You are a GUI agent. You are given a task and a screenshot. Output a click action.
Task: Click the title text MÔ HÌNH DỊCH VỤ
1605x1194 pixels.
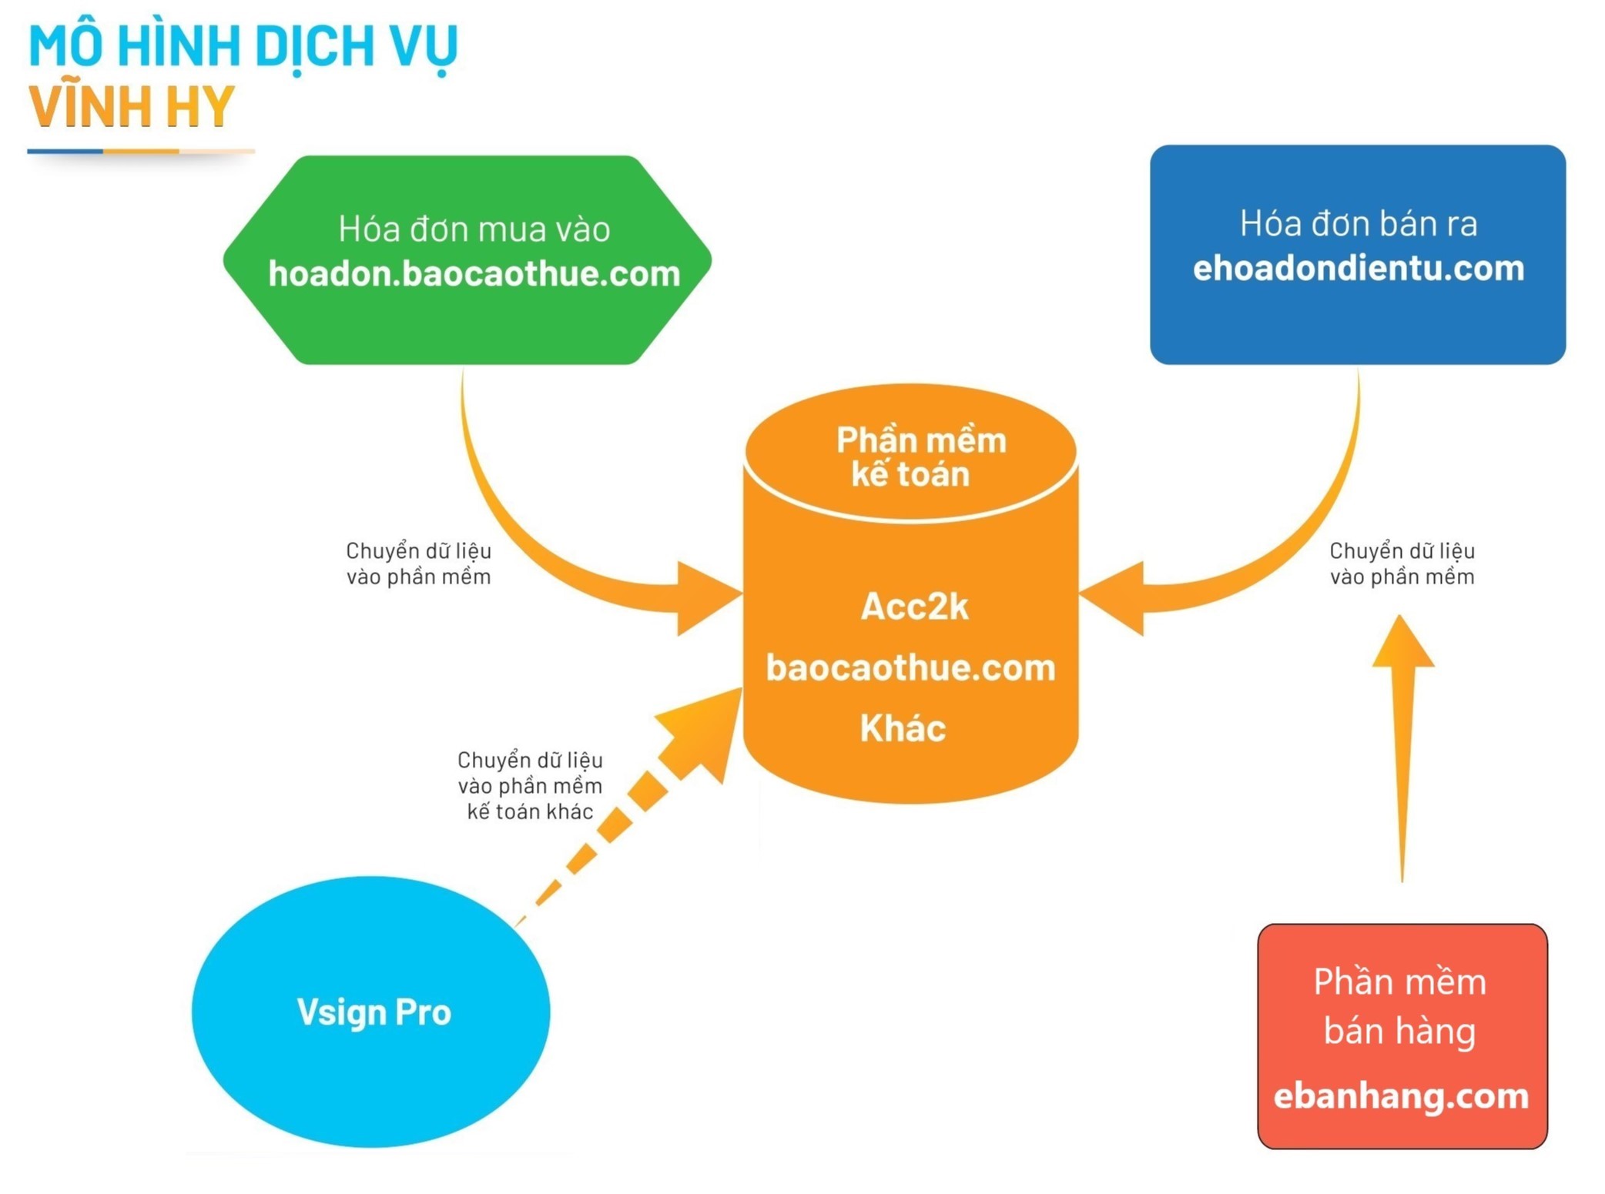(x=243, y=46)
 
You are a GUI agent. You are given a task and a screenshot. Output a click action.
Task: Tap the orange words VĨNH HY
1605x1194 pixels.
(x=132, y=106)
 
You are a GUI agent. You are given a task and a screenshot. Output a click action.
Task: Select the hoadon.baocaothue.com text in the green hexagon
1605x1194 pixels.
(x=474, y=274)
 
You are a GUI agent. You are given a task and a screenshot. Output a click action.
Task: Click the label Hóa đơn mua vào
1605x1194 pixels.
(x=474, y=229)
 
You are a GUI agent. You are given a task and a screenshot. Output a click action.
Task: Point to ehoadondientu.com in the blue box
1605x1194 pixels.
(x=1358, y=269)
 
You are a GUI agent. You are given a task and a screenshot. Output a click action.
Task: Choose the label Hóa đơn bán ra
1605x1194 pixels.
(x=1358, y=224)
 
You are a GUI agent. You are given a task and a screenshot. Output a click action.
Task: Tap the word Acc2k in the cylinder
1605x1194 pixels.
(x=914, y=607)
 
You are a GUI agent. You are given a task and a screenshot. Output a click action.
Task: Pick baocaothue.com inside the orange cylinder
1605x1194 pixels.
(x=910, y=667)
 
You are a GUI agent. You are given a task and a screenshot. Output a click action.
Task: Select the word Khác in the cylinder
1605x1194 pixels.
(x=903, y=728)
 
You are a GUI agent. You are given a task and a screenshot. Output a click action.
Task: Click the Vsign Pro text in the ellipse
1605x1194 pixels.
(x=374, y=1012)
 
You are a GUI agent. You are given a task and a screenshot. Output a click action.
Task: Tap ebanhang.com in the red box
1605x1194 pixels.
(x=1401, y=1095)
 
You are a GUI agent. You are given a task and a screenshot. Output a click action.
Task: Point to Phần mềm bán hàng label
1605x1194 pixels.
(x=1399, y=1006)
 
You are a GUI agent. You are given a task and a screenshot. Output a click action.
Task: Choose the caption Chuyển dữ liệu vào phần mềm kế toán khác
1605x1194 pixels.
(x=530, y=785)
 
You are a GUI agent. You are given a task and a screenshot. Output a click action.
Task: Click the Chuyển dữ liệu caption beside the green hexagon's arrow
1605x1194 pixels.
(x=418, y=564)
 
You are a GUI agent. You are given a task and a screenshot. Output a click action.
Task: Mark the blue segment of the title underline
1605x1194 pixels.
(x=65, y=152)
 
